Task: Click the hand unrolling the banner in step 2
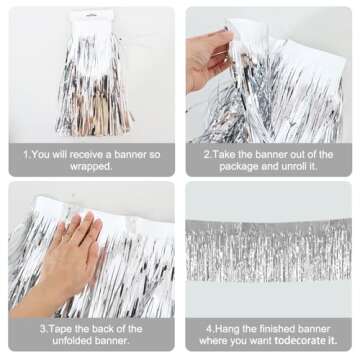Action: [209, 55]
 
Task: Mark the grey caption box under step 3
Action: [90, 334]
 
